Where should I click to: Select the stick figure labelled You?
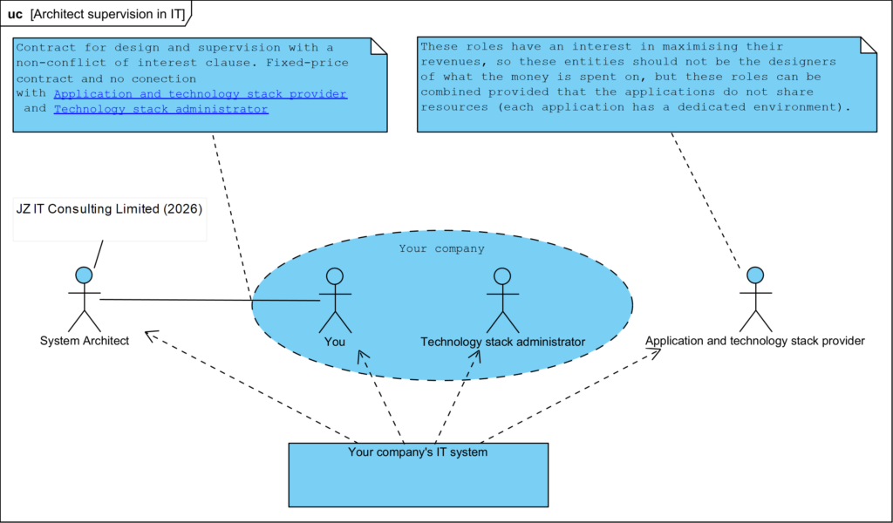click(334, 300)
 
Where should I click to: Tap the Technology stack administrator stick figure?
click(501, 300)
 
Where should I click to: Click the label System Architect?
click(85, 341)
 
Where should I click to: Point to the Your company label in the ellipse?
click(441, 248)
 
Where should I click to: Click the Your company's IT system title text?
click(418, 452)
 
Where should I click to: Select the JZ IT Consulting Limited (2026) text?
click(109, 209)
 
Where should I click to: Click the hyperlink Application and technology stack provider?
click(200, 93)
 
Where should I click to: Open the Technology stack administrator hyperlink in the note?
click(160, 109)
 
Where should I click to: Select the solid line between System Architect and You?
click(209, 301)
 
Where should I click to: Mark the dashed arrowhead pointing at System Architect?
click(149, 334)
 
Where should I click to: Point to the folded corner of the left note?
click(378, 45)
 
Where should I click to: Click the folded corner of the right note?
click(869, 45)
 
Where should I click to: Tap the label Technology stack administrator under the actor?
click(502, 342)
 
